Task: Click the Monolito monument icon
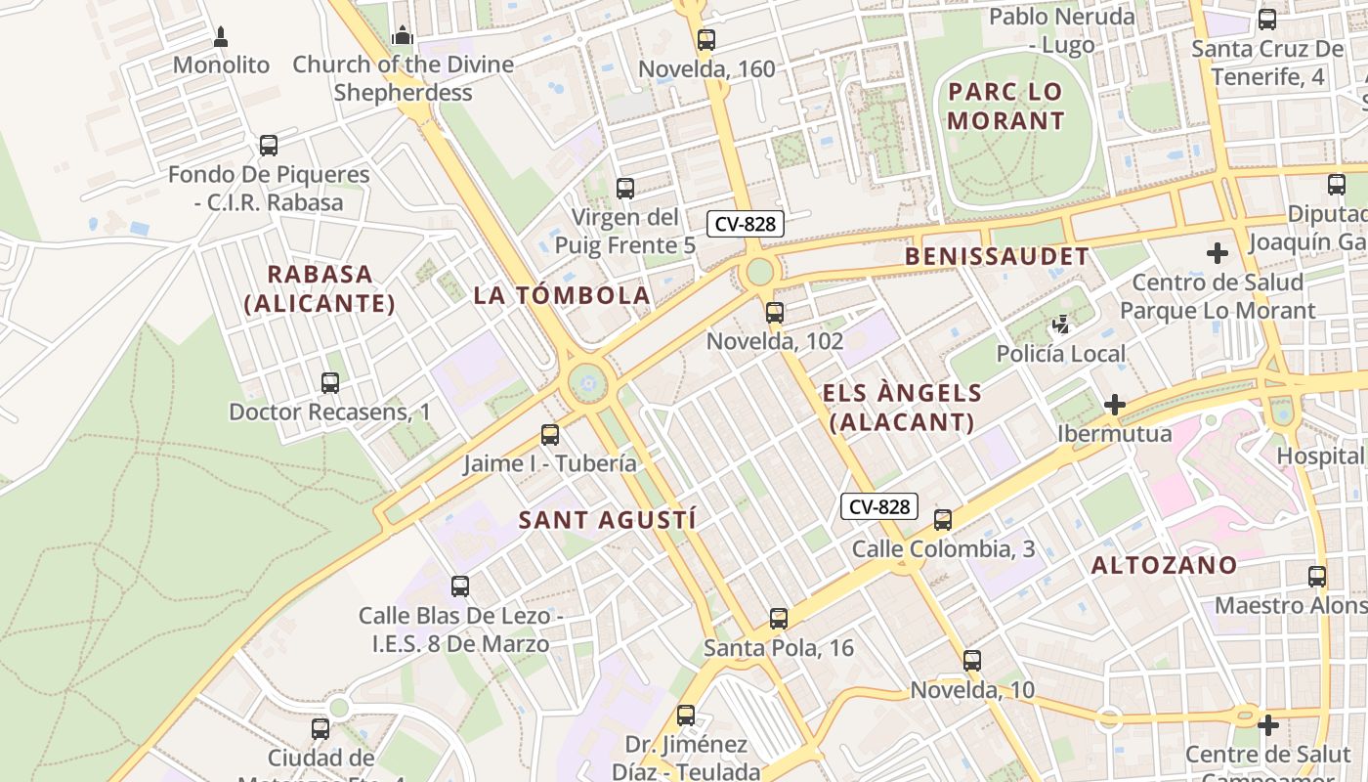pos(221,37)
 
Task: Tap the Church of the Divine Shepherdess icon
pos(402,36)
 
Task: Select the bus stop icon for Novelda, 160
pos(706,40)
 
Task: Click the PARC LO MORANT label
pos(1005,106)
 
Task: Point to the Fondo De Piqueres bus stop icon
pos(269,146)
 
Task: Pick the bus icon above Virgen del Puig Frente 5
pos(625,189)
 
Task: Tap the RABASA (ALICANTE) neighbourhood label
pos(320,288)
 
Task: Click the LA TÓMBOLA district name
pos(562,294)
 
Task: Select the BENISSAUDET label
pos(997,256)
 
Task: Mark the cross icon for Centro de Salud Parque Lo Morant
pos(1218,253)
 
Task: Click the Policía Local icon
pos(1061,324)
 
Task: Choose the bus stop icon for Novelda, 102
pos(775,313)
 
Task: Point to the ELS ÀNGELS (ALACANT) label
pos(901,407)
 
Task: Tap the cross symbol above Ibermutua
pos(1114,404)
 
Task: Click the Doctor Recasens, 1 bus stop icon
pos(330,383)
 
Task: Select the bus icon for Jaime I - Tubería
pos(550,435)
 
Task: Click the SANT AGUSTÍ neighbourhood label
pos(607,520)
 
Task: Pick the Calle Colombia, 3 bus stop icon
pos(943,520)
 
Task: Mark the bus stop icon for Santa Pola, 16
pos(779,619)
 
